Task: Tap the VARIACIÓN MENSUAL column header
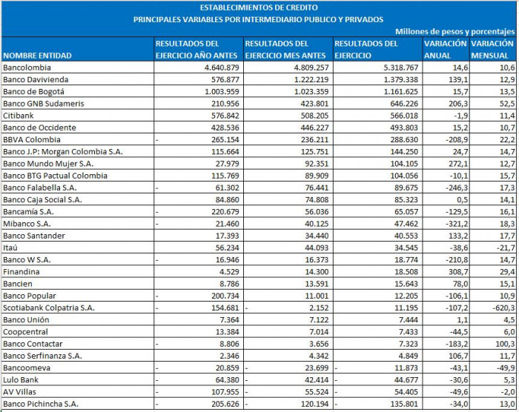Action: coord(492,50)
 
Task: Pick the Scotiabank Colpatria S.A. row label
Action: coord(49,307)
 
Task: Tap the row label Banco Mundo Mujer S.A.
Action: coord(49,163)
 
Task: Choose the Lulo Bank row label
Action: coord(23,379)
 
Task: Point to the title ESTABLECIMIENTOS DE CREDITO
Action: coord(259,7)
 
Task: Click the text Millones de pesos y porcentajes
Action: coord(454,31)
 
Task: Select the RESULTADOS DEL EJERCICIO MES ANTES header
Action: coord(286,50)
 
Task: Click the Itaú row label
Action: coord(11,247)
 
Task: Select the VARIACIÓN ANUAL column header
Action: coord(445,50)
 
